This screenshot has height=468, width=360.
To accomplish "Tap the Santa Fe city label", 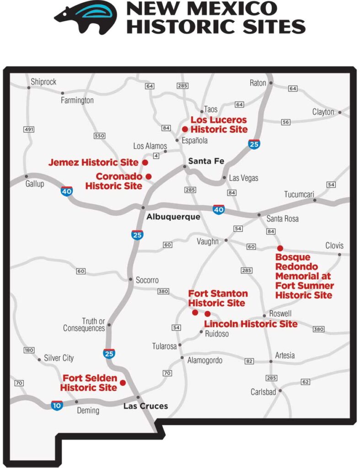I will click(205, 161).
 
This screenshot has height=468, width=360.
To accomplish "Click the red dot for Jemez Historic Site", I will click(145, 162).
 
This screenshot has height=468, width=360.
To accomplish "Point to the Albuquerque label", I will click(173, 217).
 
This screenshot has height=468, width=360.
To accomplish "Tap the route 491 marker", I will click(29, 130).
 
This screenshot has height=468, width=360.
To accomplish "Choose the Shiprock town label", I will click(43, 82).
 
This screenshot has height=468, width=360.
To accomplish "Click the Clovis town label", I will click(334, 245).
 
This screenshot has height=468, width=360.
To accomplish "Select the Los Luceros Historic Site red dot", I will click(185, 129).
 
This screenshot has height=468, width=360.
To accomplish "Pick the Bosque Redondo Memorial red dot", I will click(280, 248).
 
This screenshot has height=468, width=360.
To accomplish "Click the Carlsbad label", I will click(264, 392).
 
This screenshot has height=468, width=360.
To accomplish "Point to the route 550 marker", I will click(99, 136).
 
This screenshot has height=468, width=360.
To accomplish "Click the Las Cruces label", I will click(146, 406).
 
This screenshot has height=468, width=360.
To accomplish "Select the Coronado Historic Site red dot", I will click(148, 176).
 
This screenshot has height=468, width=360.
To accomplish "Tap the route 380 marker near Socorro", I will click(163, 291).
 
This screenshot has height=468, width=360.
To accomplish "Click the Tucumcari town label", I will click(299, 194).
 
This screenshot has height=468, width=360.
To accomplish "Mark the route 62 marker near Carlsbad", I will click(306, 382).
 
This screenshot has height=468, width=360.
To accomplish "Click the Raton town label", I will click(258, 83).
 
